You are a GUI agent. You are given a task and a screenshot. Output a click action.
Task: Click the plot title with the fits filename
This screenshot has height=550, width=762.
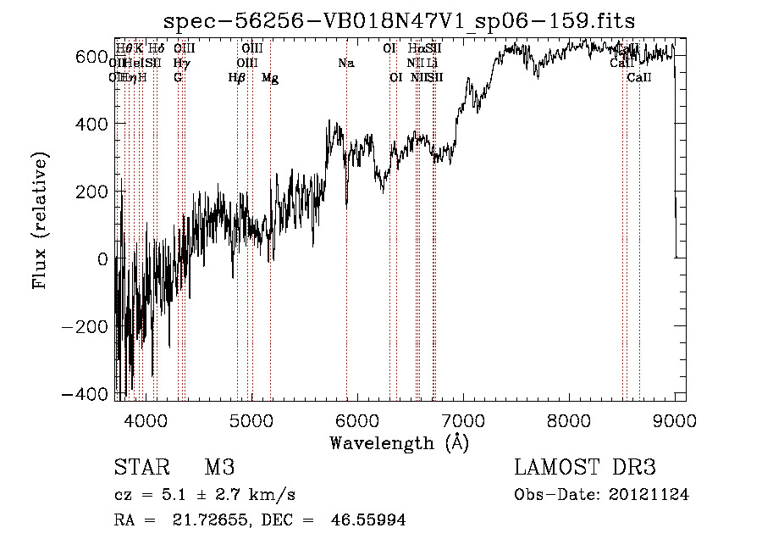coord(399,21)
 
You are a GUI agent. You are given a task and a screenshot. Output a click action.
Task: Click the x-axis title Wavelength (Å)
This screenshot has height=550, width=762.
coord(399,442)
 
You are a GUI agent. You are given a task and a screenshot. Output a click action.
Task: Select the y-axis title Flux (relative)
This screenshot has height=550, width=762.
coord(40,220)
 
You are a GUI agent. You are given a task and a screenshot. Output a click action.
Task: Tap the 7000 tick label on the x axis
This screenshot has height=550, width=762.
coord(463,419)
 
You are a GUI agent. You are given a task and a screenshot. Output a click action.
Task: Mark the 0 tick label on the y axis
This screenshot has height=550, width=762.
coord(102,259)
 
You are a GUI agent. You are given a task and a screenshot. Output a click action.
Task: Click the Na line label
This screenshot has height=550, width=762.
coord(345,64)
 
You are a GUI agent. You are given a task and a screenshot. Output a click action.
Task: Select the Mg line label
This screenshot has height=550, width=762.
coord(270,78)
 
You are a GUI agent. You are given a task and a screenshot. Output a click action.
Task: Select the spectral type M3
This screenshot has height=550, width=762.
coord(218,468)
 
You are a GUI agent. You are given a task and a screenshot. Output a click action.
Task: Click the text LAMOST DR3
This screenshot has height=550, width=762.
coord(585,468)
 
